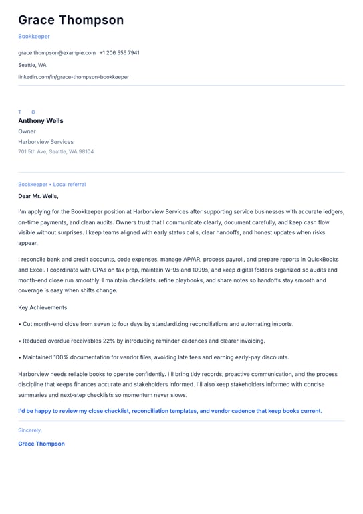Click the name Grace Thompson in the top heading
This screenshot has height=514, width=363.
coord(71,20)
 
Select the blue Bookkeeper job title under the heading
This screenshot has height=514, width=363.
coord(34,37)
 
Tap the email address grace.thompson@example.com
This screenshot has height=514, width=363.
coord(57,53)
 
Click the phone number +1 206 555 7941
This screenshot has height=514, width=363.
coord(120,53)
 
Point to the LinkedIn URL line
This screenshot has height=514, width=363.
coord(74,77)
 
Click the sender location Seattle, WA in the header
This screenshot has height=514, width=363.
coord(32,65)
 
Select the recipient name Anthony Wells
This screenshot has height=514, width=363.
coord(41,121)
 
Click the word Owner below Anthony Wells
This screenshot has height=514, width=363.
coord(27,131)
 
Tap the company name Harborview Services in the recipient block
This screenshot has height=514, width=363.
coord(45,142)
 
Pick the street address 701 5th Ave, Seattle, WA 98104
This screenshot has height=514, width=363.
coord(55,152)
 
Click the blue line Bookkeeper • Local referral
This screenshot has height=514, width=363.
coord(51,184)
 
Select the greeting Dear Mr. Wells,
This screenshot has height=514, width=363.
coord(38,196)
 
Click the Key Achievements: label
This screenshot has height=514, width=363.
coord(43,307)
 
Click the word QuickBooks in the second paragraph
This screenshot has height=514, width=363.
coord(322,259)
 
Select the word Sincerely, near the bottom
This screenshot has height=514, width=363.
coord(30,430)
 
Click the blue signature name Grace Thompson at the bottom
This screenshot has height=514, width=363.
coord(41,444)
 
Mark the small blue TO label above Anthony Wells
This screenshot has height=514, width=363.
coord(27,112)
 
